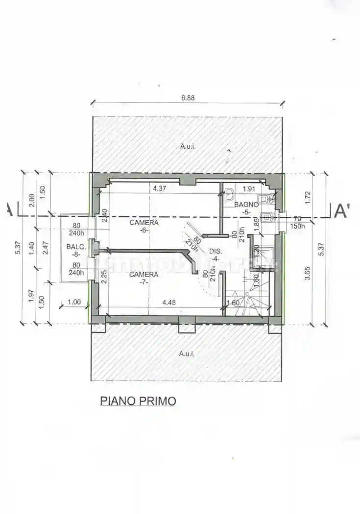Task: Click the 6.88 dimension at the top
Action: (x=188, y=97)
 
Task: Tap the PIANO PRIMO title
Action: (x=138, y=401)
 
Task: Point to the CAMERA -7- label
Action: (x=144, y=278)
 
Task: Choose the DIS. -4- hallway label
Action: (x=215, y=255)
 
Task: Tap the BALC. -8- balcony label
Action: (x=76, y=250)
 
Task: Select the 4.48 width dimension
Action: (x=168, y=302)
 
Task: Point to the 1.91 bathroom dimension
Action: (x=250, y=188)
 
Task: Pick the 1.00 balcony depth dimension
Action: (x=74, y=302)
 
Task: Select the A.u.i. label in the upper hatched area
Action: (x=187, y=146)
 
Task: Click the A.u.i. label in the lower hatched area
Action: (x=187, y=353)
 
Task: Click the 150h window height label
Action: (x=297, y=226)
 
